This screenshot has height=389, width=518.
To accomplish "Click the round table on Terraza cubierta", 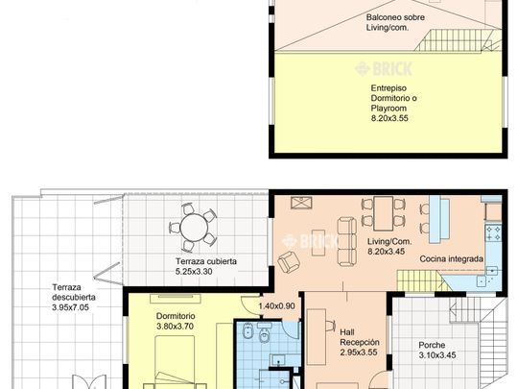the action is (x=194, y=228).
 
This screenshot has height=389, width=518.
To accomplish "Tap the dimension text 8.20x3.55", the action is (x=389, y=118).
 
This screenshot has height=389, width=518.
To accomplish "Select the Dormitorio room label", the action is (x=176, y=316).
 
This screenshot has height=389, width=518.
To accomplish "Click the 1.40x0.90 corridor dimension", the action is (x=276, y=306).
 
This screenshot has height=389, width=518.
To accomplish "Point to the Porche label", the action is (x=432, y=345).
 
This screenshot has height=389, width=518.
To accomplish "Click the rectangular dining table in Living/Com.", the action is (x=383, y=213).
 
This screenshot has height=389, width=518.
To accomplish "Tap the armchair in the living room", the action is (x=289, y=261).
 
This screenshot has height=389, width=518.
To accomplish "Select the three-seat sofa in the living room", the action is (x=347, y=242).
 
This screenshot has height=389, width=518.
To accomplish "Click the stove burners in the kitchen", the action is (x=493, y=232).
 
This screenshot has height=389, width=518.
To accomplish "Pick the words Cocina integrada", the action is (x=451, y=258).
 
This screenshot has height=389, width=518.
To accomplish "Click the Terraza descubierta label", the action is (x=74, y=292).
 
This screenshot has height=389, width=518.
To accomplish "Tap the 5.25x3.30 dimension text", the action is (x=194, y=272).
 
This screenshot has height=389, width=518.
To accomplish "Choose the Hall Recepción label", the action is (x=360, y=337).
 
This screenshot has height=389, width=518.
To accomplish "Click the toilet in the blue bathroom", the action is (x=264, y=335).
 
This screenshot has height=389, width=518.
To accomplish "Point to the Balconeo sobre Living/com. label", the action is (x=395, y=22).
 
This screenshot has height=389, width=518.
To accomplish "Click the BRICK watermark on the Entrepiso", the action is (x=383, y=69).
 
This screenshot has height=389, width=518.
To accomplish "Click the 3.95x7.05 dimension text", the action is (x=70, y=307).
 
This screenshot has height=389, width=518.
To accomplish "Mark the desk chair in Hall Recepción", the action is (x=330, y=326).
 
